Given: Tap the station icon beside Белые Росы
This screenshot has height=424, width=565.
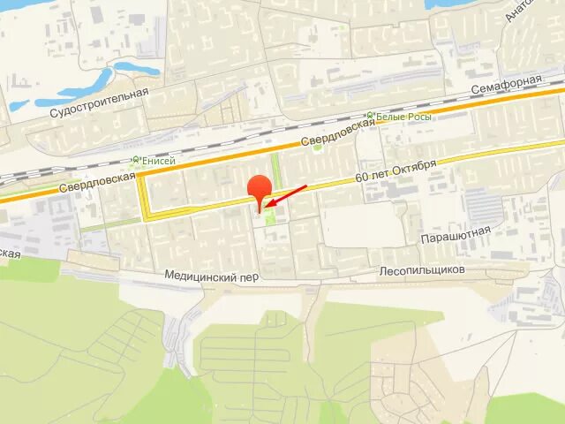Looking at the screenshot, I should click(371, 116).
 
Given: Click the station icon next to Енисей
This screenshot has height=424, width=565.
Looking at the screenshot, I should click(135, 161).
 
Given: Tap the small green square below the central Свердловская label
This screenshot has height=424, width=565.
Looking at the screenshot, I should click(318, 148).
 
